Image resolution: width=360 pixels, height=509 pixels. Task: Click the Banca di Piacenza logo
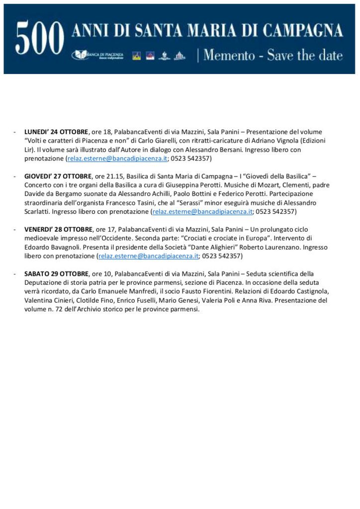(x=99, y=55)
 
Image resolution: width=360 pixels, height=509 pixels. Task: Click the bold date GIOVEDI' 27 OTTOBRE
(x=58, y=176)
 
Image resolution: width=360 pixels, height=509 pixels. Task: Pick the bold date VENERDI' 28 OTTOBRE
(x=58, y=229)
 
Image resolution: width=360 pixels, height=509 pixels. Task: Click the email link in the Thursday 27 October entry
(x=202, y=212)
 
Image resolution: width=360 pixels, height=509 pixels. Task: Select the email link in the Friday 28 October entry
(x=149, y=256)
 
